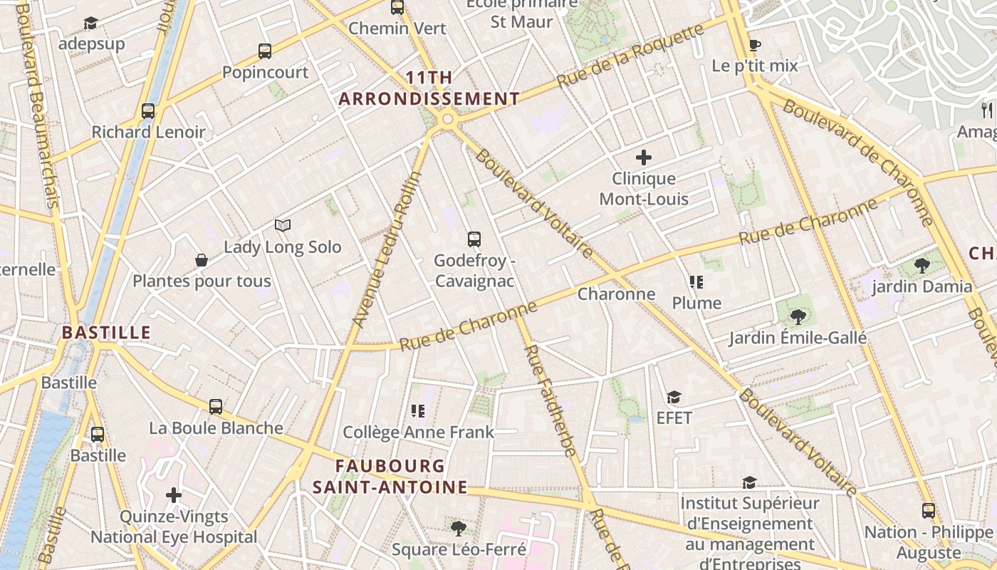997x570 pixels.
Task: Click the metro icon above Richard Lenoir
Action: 148,110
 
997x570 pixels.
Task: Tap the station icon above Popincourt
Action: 265,51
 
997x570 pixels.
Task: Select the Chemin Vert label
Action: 397,28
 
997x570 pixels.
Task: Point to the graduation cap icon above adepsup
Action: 90,23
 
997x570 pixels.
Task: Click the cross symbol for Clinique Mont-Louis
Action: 644,157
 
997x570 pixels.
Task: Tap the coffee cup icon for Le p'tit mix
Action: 755,45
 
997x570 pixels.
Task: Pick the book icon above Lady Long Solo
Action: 283,226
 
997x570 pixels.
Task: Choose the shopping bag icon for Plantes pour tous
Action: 202,260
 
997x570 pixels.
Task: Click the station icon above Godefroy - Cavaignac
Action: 474,239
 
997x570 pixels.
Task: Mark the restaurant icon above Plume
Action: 696,282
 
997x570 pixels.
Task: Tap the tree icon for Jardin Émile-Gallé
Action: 798,316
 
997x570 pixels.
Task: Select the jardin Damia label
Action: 922,286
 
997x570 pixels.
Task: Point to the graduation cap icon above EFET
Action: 674,397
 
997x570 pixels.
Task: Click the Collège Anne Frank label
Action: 418,432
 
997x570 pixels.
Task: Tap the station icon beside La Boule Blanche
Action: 216,407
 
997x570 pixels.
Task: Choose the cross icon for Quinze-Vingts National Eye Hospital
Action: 174,494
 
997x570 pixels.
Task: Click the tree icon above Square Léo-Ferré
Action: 459,528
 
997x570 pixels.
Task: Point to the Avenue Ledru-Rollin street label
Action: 387,249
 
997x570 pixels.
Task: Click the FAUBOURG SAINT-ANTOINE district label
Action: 390,477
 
